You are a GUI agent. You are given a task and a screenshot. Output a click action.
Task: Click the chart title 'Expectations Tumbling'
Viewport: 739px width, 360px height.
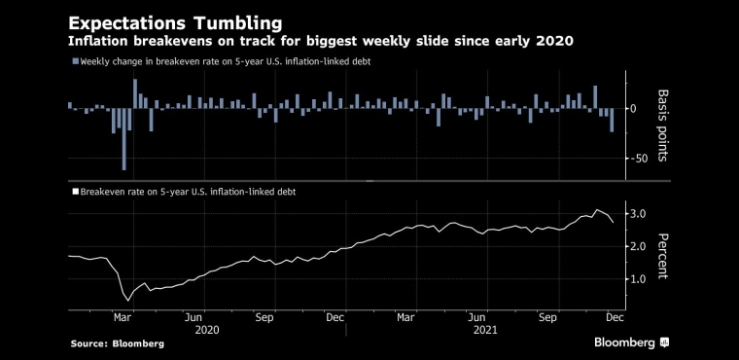[x=175, y=23]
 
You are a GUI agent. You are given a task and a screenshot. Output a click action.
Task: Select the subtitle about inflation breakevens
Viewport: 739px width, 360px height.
[x=321, y=42]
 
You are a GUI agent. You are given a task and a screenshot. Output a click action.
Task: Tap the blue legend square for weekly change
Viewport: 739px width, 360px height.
[x=76, y=61]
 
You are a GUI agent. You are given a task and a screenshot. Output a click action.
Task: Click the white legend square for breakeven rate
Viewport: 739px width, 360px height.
[x=76, y=192]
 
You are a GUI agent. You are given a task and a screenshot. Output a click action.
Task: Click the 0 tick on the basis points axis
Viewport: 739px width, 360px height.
[x=633, y=109]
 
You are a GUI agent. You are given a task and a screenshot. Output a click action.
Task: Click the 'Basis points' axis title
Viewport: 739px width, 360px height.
[x=662, y=126]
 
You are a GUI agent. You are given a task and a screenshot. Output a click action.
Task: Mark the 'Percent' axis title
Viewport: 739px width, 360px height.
[x=662, y=256]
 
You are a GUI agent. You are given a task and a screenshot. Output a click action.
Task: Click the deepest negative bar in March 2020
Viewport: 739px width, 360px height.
[x=123, y=139]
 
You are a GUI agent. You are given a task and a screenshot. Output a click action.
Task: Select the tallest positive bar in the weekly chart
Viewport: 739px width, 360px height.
[x=135, y=94]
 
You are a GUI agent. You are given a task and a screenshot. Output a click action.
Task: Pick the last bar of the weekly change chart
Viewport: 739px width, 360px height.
[x=612, y=121]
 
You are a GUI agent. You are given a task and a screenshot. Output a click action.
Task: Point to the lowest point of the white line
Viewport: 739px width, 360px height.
[x=127, y=301]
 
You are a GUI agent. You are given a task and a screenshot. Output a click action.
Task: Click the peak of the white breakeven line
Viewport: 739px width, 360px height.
[x=597, y=209]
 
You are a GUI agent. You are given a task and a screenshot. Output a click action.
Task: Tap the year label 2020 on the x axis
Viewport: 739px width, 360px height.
[x=207, y=330]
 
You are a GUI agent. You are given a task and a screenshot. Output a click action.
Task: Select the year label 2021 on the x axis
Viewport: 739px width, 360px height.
[x=485, y=330]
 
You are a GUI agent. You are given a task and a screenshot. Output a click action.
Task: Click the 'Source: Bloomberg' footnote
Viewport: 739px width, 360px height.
[x=118, y=344]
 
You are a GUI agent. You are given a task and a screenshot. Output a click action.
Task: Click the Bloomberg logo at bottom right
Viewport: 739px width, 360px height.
[x=631, y=342]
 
